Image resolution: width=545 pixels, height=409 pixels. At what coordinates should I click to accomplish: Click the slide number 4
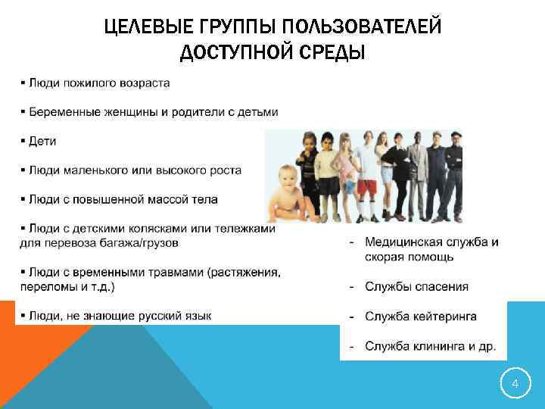point(515,384)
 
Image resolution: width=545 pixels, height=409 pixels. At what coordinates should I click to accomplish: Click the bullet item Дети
point(43,141)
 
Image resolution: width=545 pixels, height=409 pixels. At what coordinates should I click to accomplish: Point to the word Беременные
point(64,111)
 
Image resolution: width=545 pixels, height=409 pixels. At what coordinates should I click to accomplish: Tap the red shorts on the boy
point(366,186)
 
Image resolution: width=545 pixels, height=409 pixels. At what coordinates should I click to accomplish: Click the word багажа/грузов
point(143,243)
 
